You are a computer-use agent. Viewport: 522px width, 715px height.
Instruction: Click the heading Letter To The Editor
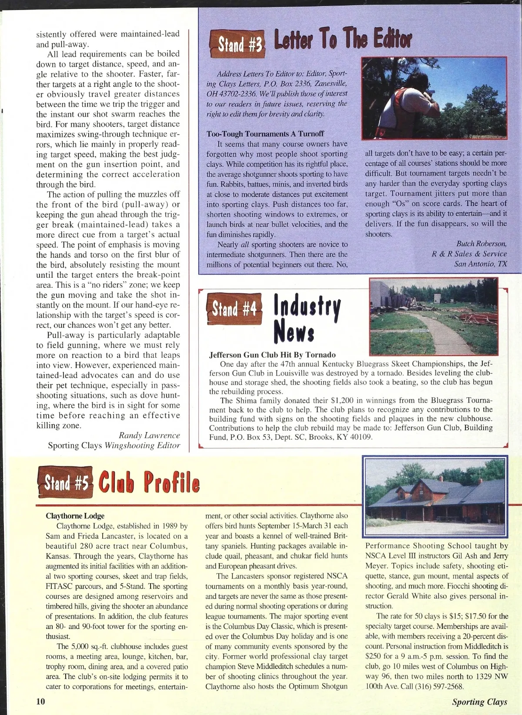coord(342,40)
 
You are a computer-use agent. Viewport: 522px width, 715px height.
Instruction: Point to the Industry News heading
coord(307,319)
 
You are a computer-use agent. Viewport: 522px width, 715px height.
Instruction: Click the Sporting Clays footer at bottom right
coord(479,702)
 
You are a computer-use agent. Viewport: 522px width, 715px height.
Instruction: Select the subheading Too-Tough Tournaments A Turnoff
coord(265,134)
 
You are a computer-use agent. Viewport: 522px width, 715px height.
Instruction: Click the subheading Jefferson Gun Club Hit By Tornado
coord(272,355)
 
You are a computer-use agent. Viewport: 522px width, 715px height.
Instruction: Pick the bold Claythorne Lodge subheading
coord(75,516)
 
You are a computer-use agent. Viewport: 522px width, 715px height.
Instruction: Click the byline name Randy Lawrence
coord(149,435)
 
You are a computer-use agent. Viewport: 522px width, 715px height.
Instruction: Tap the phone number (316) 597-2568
coord(438,687)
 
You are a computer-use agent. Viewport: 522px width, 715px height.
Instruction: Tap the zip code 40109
coord(361,437)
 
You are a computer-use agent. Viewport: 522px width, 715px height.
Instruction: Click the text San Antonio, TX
coord(480,264)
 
